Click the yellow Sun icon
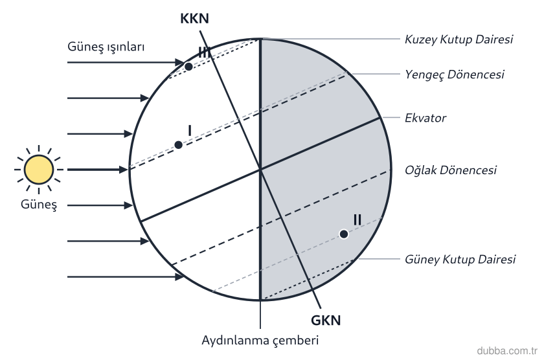pos(39,170)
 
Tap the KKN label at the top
pos(194,19)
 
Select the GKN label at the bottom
pos(325,320)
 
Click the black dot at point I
pos(178,145)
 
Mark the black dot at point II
pos(343,234)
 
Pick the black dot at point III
pos(188,67)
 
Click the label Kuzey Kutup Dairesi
pos(459,39)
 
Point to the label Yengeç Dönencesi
pos(455,74)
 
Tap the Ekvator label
pos(425,118)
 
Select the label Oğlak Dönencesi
pos(450,170)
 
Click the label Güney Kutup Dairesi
pos(460,259)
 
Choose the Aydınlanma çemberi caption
pos(260,340)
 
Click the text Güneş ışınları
pos(106,47)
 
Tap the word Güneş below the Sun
pos(38,204)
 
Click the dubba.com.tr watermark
pos(507,351)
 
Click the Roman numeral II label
pos(357,220)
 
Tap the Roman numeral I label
pos(189,131)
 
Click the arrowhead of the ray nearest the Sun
pos(124,170)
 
